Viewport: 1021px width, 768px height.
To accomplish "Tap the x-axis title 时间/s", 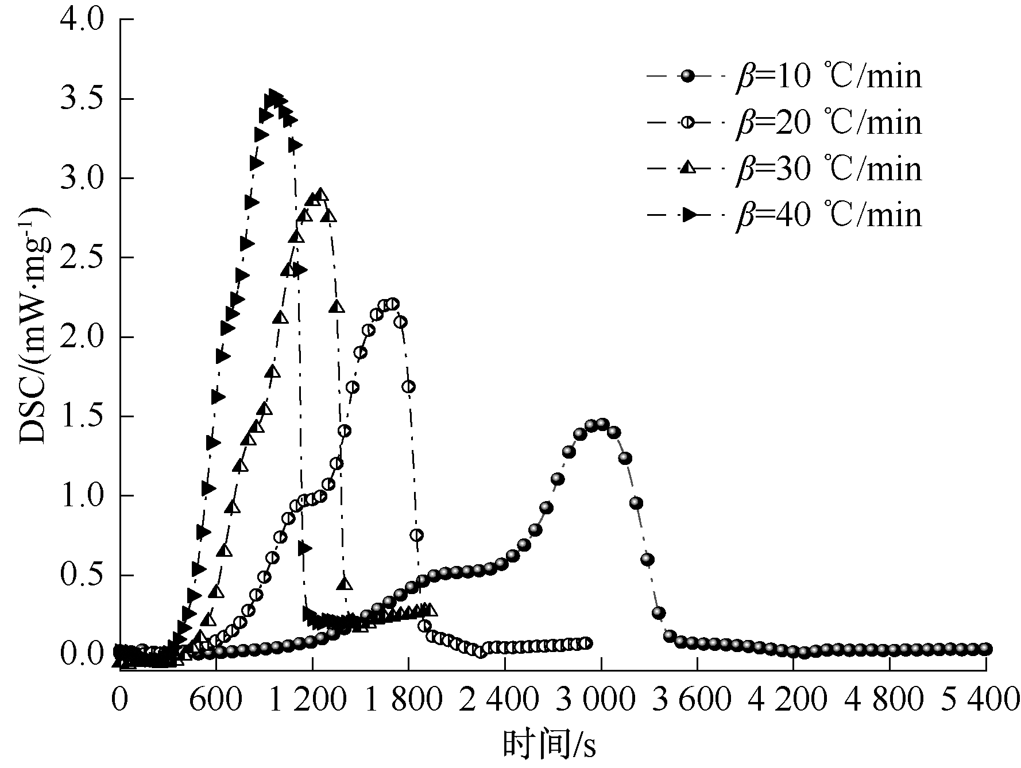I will (550, 746).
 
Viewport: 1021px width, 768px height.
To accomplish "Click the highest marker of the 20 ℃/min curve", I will (393, 304).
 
